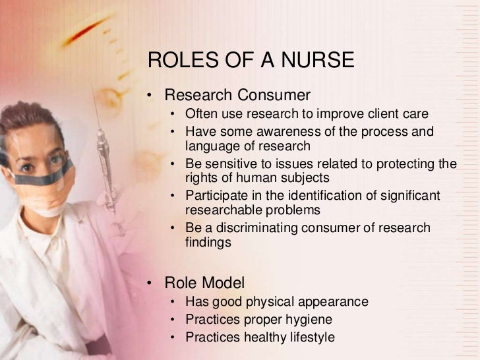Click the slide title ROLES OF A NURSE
coord(251,61)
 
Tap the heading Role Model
coord(204,284)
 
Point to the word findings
coord(208,243)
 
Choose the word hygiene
coord(308,320)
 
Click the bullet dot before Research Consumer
coord(150,96)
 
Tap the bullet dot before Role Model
coord(150,284)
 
